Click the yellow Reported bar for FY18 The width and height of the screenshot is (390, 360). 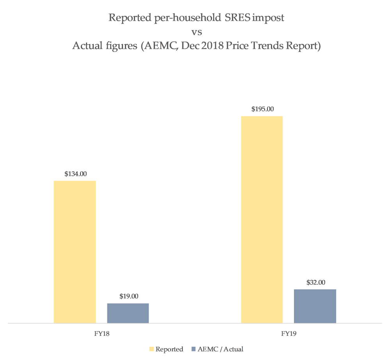click(x=75, y=252)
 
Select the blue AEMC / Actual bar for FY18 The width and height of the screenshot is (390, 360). click(x=128, y=313)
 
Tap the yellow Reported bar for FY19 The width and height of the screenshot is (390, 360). click(x=262, y=219)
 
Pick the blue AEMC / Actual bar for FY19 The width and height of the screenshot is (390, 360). click(x=315, y=306)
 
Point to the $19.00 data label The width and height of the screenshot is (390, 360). click(x=128, y=296)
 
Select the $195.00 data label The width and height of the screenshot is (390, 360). click(x=262, y=109)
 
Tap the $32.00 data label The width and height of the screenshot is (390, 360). click(x=315, y=282)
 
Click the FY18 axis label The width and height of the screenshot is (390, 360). click(x=102, y=334)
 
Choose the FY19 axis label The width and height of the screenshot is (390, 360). click(x=288, y=334)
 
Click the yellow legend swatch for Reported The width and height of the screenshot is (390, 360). click(x=151, y=349)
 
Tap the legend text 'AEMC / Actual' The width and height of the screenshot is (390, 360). click(x=221, y=349)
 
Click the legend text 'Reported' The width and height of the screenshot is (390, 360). click(x=169, y=349)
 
